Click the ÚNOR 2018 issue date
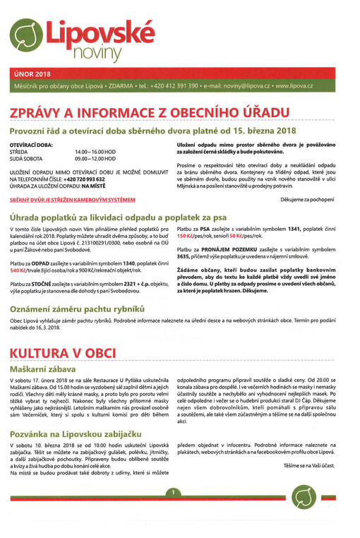tap(32, 73)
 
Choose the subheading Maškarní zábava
tap(44, 369)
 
